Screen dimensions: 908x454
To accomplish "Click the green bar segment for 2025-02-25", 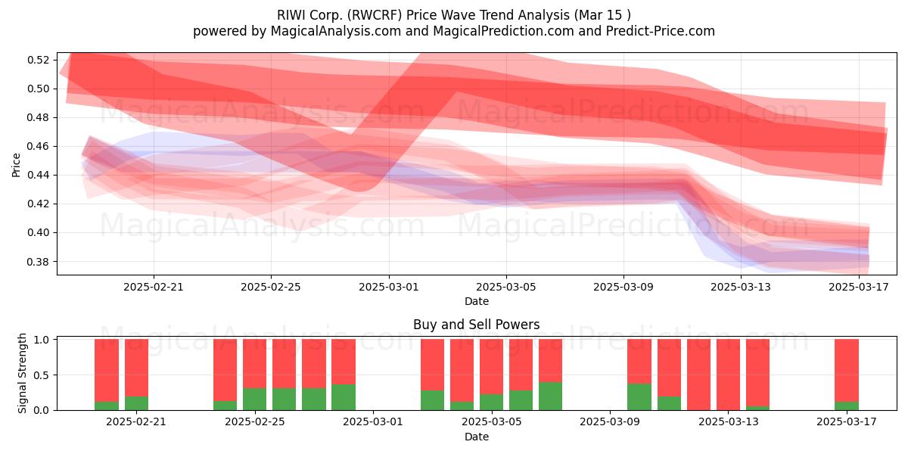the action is [x=254, y=399].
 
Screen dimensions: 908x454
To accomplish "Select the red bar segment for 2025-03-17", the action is [x=847, y=370].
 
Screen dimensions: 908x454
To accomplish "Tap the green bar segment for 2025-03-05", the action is [x=491, y=402].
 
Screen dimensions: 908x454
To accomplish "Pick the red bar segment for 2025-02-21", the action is [x=136, y=368].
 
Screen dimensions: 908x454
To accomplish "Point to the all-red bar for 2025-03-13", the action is [x=728, y=375].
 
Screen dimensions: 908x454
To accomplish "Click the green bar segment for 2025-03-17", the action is [x=847, y=406].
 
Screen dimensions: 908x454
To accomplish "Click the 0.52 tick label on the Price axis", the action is [x=38, y=60].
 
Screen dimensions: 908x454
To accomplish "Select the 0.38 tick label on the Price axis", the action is [x=38, y=262].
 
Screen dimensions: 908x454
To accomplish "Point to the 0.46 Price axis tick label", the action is [x=38, y=146].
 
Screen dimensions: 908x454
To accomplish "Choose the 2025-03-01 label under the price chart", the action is [x=389, y=287].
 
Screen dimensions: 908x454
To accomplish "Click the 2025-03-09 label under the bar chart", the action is [x=610, y=422].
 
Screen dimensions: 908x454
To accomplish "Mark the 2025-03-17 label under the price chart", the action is [x=859, y=287].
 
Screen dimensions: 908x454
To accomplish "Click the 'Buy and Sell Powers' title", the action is [x=476, y=325].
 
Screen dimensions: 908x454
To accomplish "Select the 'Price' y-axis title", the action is [x=16, y=165].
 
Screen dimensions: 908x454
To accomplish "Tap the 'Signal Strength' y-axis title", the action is [x=22, y=373].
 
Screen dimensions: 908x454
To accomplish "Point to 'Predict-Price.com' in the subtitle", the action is [x=661, y=31].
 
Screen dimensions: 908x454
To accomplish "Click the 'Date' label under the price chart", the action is [x=476, y=301].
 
